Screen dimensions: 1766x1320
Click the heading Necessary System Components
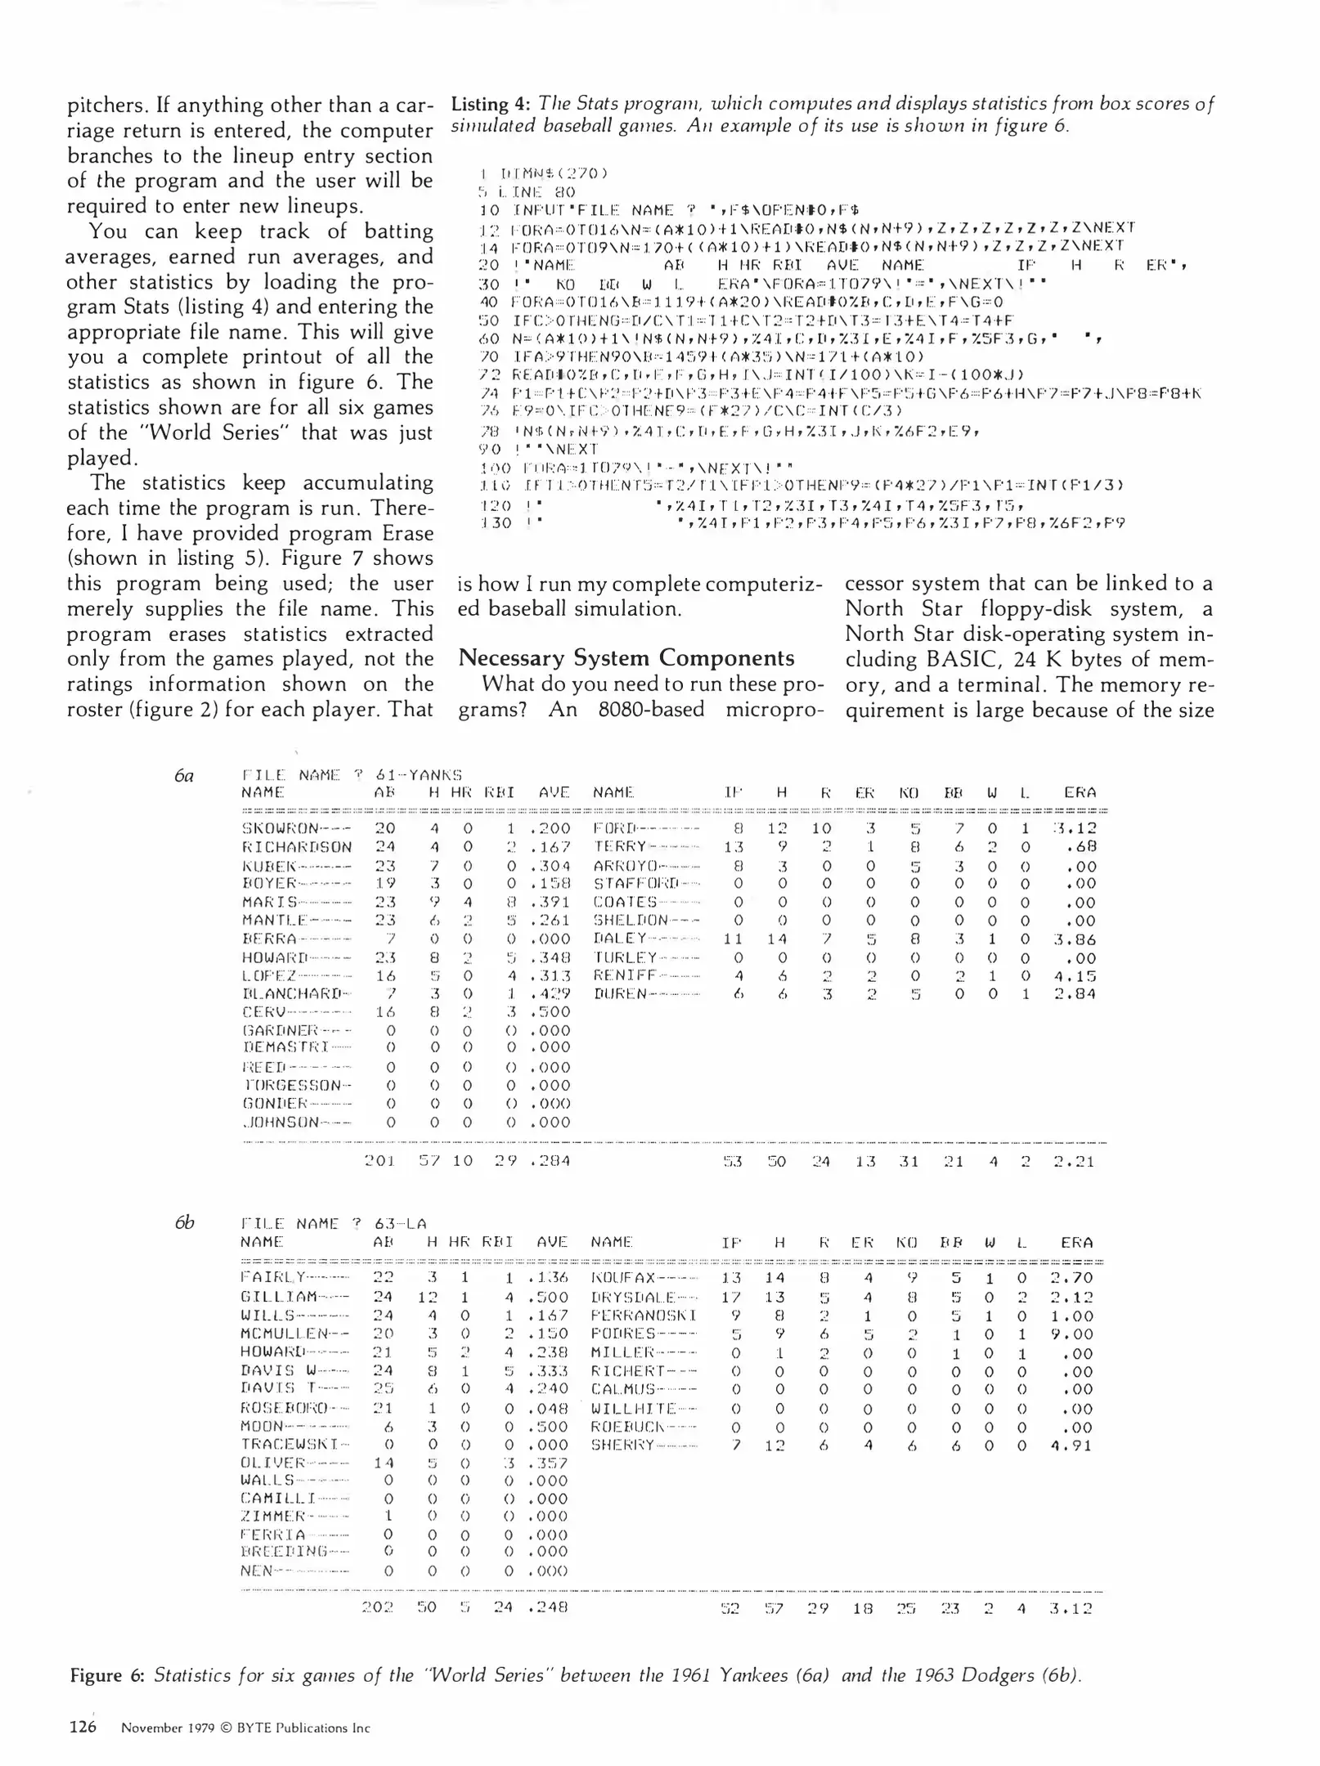(626, 658)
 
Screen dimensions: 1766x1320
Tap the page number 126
(83, 1727)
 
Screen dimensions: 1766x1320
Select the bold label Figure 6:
(107, 1675)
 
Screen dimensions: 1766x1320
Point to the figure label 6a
(184, 775)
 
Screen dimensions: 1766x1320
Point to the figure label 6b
(184, 1223)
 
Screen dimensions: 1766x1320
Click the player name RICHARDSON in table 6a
(297, 847)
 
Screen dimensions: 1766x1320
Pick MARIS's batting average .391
(549, 903)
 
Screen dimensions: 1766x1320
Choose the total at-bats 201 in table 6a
(379, 1161)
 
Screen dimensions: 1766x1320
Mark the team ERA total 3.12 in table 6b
(1071, 1608)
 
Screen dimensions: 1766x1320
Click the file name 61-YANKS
(419, 775)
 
